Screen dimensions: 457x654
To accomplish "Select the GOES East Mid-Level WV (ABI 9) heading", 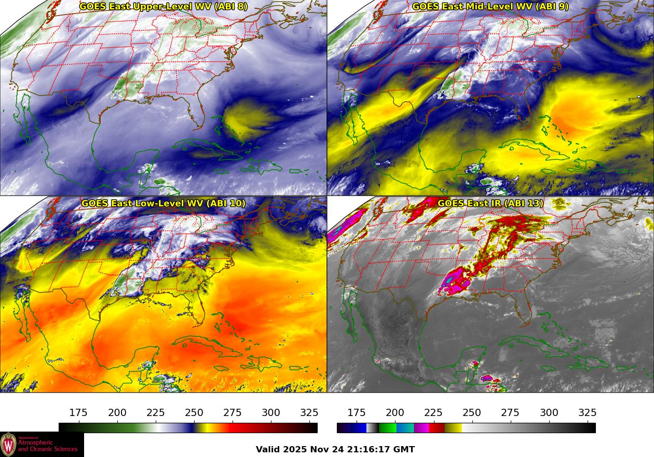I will tap(491, 7).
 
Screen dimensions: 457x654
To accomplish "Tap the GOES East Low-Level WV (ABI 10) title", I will tap(163, 203).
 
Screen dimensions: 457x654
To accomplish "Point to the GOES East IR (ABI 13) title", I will tap(491, 203).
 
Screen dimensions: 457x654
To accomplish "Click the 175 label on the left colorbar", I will tap(78, 413).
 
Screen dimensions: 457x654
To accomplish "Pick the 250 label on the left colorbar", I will tap(194, 413).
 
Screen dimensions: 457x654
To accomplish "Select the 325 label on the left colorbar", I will tap(309, 413).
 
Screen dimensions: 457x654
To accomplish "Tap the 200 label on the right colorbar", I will tap(395, 413).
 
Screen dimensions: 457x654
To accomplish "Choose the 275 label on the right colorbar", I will tap(510, 413).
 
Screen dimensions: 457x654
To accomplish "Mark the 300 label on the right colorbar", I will tap(549, 413).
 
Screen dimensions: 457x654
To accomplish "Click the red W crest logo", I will tap(8, 445).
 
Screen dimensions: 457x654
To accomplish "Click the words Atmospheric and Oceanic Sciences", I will tap(48, 446).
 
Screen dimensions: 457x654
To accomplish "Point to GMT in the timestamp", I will tap(404, 450).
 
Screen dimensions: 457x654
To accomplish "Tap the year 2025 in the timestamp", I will tap(296, 450).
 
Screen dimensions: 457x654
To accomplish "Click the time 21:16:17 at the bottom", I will tap(367, 450).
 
